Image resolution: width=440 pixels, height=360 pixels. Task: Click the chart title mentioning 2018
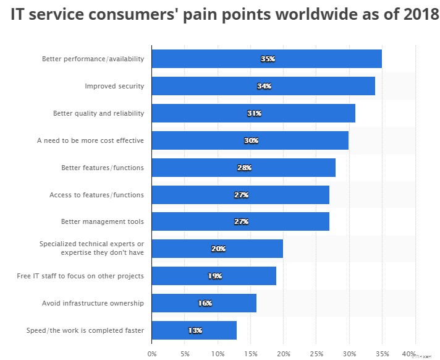pyautogui.click(x=224, y=15)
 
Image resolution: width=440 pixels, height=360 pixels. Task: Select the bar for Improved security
pyautogui.click(x=263, y=86)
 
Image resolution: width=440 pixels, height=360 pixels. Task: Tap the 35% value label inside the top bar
pyautogui.click(x=268, y=59)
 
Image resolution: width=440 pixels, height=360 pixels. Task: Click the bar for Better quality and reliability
pyautogui.click(x=253, y=113)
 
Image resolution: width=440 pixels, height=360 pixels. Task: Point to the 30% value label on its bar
pyautogui.click(x=251, y=140)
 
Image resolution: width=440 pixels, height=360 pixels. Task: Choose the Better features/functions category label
pyautogui.click(x=103, y=168)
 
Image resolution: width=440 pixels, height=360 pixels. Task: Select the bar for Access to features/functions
pyautogui.click(x=240, y=195)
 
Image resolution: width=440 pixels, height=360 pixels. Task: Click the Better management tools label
pyautogui.click(x=103, y=221)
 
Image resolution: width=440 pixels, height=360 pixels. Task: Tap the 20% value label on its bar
pyautogui.click(x=218, y=249)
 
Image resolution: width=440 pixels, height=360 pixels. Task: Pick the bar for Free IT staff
pyautogui.click(x=213, y=276)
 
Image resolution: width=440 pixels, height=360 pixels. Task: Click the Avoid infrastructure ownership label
pyautogui.click(x=93, y=303)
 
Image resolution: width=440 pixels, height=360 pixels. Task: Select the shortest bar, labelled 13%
pyautogui.click(x=193, y=330)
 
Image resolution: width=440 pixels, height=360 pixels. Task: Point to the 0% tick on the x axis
pyautogui.click(x=152, y=354)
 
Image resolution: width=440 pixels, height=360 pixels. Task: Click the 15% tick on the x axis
pyautogui.click(x=250, y=354)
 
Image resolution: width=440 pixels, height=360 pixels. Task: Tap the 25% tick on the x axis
pyautogui.click(x=316, y=354)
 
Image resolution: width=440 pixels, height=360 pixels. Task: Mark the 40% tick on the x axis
pyautogui.click(x=408, y=354)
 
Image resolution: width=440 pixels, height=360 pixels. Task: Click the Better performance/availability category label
pyautogui.click(x=93, y=59)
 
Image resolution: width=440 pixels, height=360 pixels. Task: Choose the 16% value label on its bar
pyautogui.click(x=205, y=303)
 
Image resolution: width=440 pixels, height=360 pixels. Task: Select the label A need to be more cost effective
pyautogui.click(x=90, y=140)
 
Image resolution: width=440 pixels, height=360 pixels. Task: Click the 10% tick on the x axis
pyautogui.click(x=218, y=354)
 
